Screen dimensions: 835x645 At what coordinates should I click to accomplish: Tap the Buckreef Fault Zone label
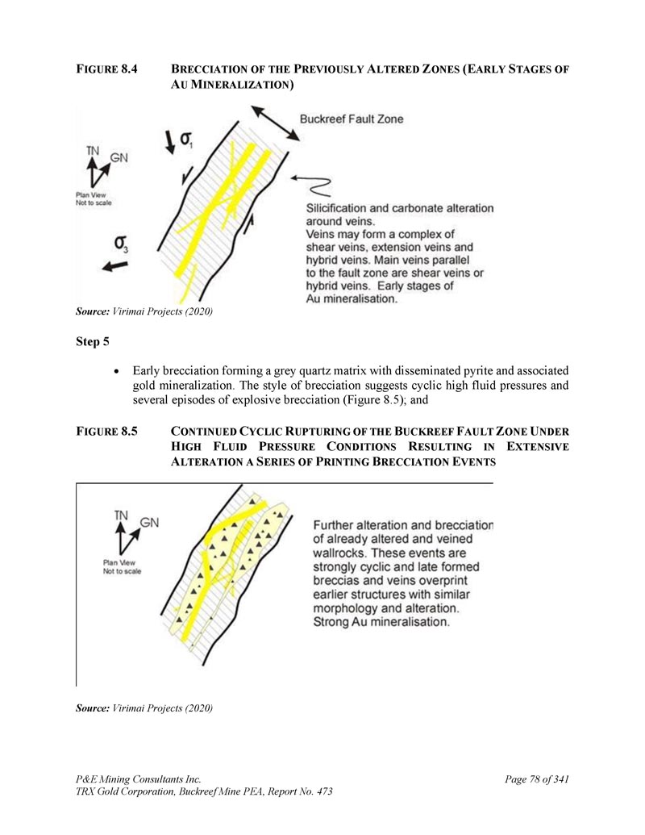352,119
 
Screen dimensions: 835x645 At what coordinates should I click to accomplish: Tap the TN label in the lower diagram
122,515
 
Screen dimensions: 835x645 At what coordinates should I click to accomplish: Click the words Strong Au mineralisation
381,623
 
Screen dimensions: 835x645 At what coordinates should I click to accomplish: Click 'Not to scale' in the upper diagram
94,202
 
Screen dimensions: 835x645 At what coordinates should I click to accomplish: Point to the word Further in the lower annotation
338,524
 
